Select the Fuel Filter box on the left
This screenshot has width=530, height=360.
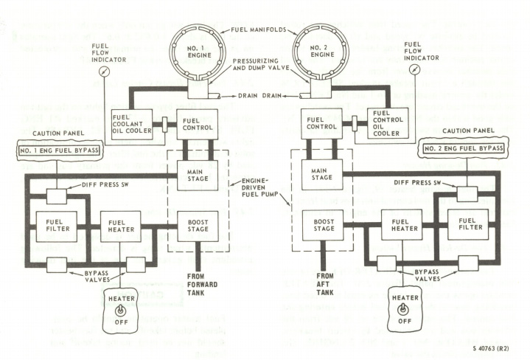click(x=57, y=225)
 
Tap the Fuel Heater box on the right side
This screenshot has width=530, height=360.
click(x=401, y=225)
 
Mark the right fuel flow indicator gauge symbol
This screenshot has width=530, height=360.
click(x=416, y=71)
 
